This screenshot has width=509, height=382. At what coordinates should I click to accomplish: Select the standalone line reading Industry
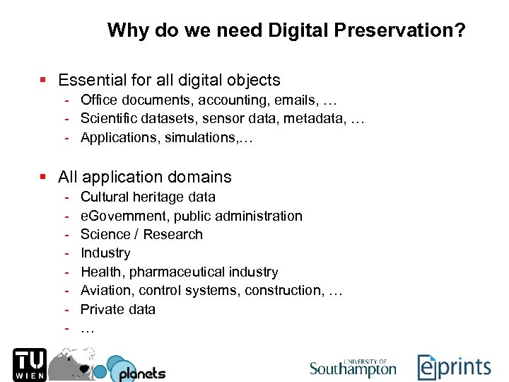105,253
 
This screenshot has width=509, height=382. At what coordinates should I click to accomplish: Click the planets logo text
141,373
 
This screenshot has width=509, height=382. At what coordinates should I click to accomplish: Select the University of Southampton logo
353,367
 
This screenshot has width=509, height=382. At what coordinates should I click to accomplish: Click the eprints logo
454,367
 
